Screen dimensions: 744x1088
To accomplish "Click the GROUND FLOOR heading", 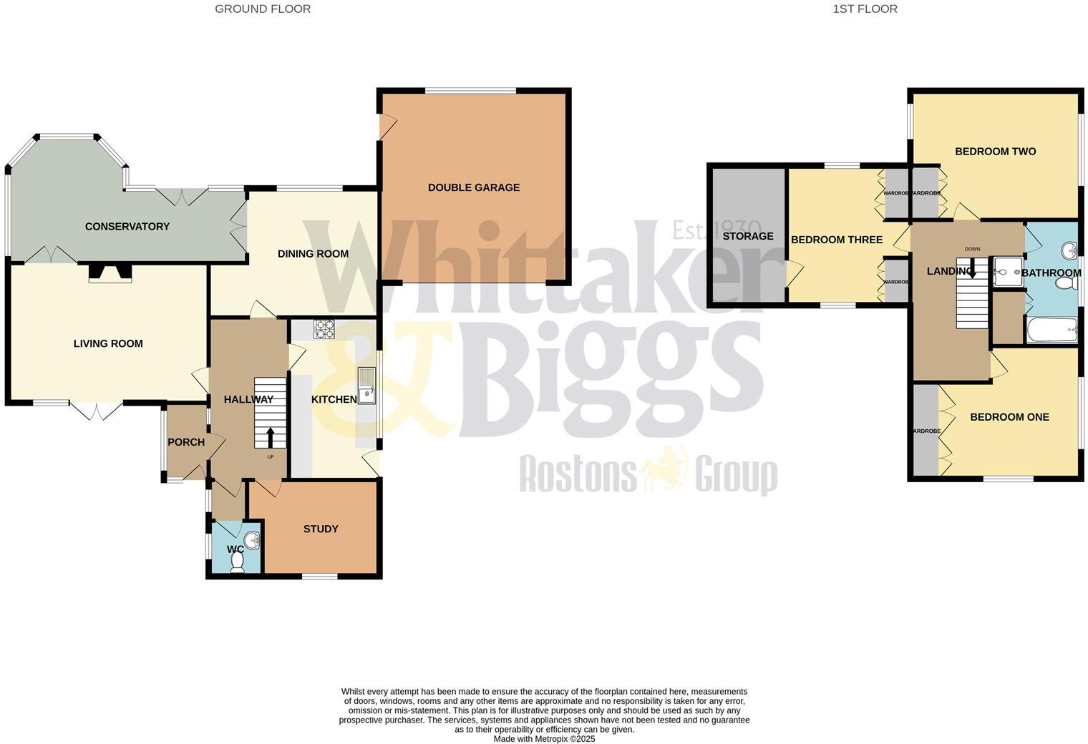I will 263,9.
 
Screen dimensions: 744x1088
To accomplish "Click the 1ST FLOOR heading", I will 865,9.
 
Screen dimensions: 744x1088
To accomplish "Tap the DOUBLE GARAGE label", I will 474,187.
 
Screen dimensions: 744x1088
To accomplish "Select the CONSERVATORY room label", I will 127,226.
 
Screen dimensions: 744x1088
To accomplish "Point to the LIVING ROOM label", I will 108,343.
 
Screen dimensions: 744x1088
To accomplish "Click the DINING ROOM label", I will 313,253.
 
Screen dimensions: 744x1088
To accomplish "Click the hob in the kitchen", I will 324,329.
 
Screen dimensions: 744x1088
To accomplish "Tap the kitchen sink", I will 366,386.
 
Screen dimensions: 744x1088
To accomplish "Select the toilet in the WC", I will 238,563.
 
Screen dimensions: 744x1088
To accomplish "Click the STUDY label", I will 321,529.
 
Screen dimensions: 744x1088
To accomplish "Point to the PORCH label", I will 186,442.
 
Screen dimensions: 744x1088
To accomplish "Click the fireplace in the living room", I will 110,273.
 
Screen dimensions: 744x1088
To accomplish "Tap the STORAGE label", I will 748,236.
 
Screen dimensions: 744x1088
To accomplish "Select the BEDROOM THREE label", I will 836,240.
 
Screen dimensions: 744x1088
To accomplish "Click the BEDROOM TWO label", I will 995,151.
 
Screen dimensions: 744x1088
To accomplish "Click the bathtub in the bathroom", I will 1051,331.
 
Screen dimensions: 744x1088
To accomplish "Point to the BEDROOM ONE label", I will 1009,416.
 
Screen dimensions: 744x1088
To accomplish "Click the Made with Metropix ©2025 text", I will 544,739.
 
